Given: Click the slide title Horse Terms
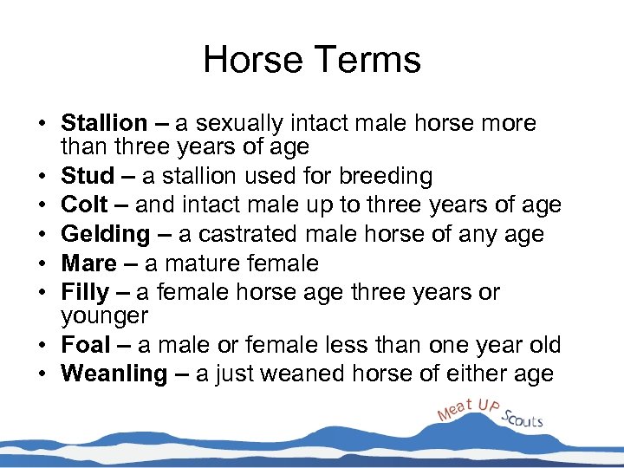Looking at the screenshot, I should click(x=312, y=60).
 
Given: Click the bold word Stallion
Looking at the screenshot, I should click(x=104, y=124).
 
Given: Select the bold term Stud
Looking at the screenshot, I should click(x=88, y=177).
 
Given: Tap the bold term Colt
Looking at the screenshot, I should click(x=85, y=205).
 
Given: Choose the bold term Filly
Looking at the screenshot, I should click(x=86, y=292).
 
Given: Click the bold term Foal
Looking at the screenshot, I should click(x=86, y=345).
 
